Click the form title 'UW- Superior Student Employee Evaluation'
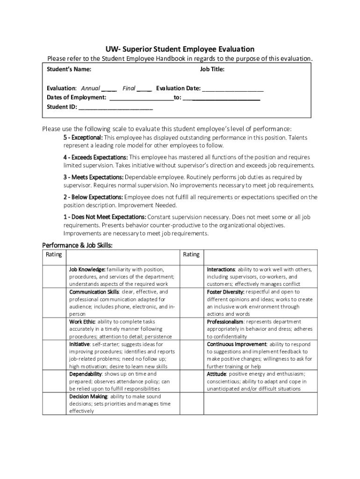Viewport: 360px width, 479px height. (180, 49)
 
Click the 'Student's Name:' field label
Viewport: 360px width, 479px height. (69, 70)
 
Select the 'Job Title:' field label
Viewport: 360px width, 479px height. (212, 70)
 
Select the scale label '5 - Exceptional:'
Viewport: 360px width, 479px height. (83, 138)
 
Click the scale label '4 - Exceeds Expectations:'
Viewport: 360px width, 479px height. (95, 157)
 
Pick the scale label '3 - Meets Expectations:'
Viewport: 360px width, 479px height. (94, 177)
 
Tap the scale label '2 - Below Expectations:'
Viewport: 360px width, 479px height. (94, 197)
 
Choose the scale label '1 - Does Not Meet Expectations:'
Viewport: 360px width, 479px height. (105, 217)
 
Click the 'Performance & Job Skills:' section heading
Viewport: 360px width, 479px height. (77, 245)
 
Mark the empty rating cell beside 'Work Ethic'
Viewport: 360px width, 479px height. (55, 329)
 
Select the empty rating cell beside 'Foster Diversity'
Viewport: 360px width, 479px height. (192, 303)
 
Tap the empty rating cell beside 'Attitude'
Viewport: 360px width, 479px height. (192, 381)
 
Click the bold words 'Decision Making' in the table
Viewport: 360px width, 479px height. (88, 396)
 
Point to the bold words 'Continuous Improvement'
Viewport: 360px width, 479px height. (237, 344)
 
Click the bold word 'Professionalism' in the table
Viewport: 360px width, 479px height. (225, 322)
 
